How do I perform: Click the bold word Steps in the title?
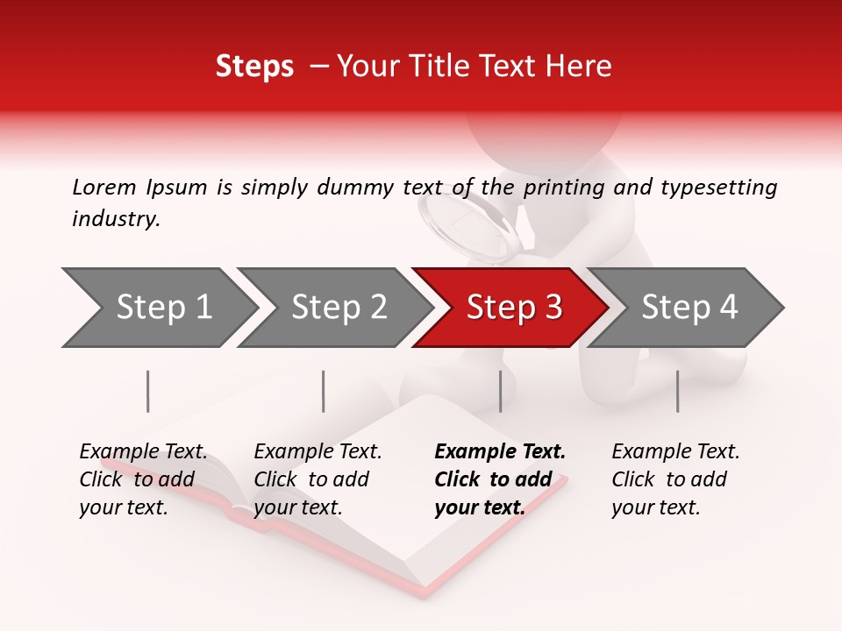pyautogui.click(x=254, y=67)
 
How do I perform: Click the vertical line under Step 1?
pyautogui.click(x=147, y=391)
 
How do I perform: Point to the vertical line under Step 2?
pyautogui.click(x=324, y=391)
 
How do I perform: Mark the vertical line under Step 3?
pyautogui.click(x=500, y=391)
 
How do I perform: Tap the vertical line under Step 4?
pyautogui.click(x=677, y=391)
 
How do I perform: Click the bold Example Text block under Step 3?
pyautogui.click(x=500, y=479)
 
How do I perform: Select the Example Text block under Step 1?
pyautogui.click(x=143, y=479)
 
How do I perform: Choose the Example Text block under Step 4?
pyautogui.click(x=675, y=479)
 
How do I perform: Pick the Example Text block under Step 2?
pyautogui.click(x=318, y=479)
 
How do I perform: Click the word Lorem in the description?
pyautogui.click(x=104, y=187)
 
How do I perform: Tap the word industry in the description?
pyautogui.click(x=115, y=219)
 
